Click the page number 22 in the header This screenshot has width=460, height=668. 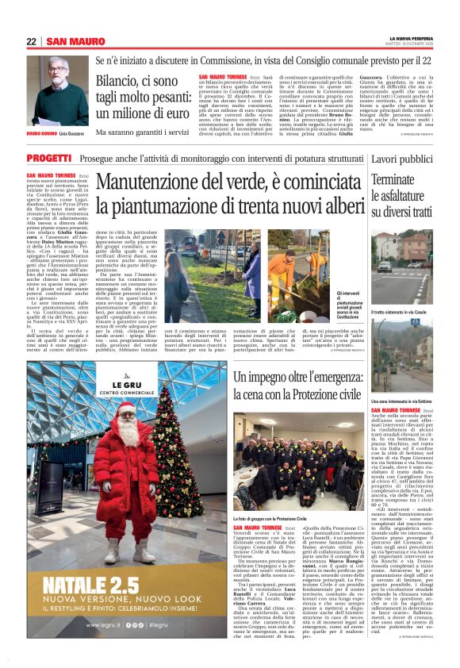click(31, 41)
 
